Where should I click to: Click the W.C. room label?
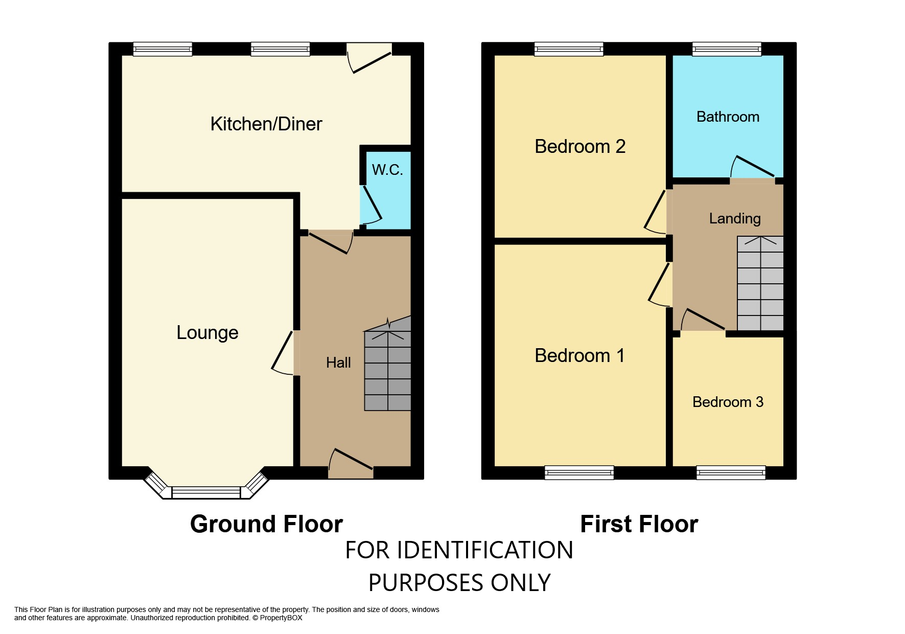click(387, 170)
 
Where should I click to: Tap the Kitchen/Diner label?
click(266, 124)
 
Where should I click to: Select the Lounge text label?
click(207, 333)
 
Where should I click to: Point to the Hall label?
click(338, 363)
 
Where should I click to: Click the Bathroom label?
click(728, 117)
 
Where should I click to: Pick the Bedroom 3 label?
click(728, 402)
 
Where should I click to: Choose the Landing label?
click(735, 219)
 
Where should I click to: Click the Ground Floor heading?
click(266, 524)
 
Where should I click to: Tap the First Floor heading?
click(639, 524)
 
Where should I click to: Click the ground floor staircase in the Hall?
click(387, 370)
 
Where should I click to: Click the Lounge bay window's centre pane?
click(206, 493)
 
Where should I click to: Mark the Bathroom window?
click(727, 49)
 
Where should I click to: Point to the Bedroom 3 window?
click(731, 473)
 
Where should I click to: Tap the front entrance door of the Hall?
click(351, 463)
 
